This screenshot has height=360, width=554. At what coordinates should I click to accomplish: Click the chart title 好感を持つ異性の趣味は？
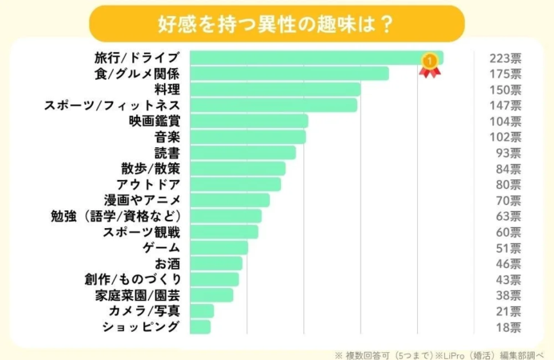click(276, 22)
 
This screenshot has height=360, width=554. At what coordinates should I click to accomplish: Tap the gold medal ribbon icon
click(430, 63)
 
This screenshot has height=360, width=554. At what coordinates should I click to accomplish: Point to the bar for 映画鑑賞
click(249, 121)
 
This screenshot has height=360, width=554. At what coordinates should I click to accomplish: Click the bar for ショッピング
click(201, 326)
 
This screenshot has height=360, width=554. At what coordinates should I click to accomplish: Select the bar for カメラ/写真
click(203, 310)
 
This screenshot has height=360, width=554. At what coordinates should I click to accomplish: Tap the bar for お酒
click(216, 263)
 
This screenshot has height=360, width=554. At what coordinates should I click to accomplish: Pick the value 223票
click(504, 58)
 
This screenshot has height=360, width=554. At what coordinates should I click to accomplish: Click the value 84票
click(508, 168)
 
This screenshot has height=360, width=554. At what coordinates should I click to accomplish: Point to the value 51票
click(508, 247)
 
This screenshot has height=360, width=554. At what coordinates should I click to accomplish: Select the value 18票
click(508, 326)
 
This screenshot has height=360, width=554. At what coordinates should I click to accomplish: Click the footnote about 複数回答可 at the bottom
click(442, 352)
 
